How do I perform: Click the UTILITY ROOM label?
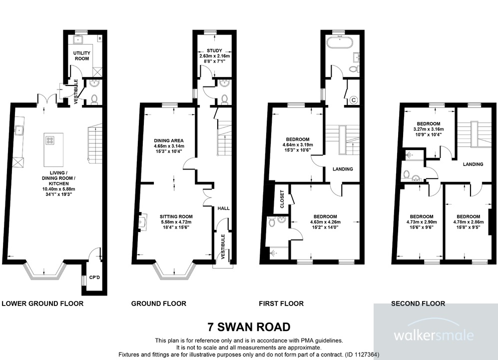(x=81, y=55)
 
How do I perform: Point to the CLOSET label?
(x=281, y=199)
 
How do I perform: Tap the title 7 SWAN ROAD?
(x=249, y=327)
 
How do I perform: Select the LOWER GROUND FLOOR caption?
(x=42, y=303)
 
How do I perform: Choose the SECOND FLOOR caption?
(x=418, y=303)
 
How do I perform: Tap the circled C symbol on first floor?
(x=354, y=99)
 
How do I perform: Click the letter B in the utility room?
(x=100, y=38)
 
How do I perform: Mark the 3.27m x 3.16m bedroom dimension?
(x=428, y=129)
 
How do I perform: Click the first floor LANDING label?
(x=343, y=169)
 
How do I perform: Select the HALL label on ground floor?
(x=223, y=207)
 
